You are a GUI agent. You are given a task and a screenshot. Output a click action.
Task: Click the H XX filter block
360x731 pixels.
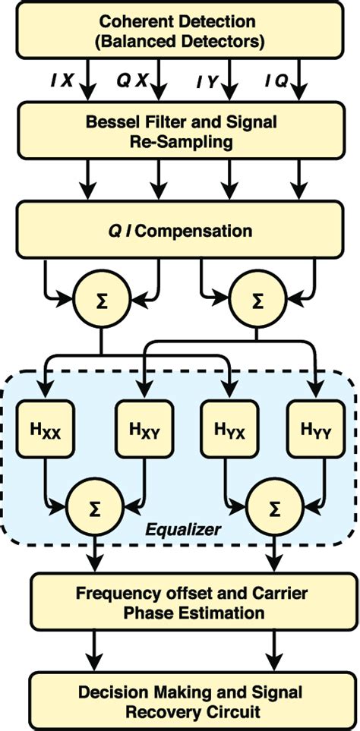coord(45,433)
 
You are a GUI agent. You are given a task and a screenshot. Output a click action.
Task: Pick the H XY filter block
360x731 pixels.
coord(136,433)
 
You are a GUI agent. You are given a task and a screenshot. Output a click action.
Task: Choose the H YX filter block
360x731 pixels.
coord(224,433)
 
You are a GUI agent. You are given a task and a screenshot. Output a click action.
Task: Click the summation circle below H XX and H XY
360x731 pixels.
coord(90,503)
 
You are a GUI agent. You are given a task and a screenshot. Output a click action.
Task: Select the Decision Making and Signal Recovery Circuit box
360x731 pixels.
coord(179,701)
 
